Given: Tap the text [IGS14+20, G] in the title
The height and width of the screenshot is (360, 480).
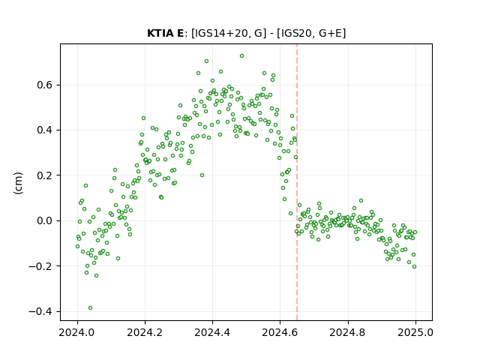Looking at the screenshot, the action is coord(226,33).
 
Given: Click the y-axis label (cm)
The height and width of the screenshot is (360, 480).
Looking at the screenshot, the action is coord(18,183).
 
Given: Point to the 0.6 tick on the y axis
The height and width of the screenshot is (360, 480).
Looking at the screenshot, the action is coord(45,85).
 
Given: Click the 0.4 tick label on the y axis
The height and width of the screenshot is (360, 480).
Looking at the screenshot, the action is coord(45,130).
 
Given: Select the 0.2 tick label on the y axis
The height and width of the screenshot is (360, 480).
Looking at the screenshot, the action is coord(45,175).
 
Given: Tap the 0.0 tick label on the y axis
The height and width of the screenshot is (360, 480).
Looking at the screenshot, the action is coord(45,220).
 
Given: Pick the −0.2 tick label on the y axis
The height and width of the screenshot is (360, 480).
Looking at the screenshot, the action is coord(40,266).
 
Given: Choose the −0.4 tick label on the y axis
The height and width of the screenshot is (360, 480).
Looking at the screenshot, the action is coord(40,311).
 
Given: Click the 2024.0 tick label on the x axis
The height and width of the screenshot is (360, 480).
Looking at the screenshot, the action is coord(77,332).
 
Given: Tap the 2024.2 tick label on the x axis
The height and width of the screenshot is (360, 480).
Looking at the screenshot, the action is coord(145,332).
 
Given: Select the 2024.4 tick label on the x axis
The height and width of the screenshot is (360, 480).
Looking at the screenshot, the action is coord(212,332).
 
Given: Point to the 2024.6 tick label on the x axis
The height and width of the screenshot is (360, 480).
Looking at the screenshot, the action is coord(280,332).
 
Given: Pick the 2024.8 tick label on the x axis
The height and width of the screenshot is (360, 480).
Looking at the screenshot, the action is coord(348,332).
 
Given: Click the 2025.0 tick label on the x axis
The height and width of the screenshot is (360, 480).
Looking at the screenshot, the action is coord(415,332).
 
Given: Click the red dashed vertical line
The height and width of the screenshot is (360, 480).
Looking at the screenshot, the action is coord(297,182).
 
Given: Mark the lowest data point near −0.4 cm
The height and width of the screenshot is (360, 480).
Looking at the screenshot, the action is coord(90,308).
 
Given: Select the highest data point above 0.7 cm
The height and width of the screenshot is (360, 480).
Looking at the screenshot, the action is coord(241,56).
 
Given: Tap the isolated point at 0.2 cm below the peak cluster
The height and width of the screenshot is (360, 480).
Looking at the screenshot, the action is coord(202,175).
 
